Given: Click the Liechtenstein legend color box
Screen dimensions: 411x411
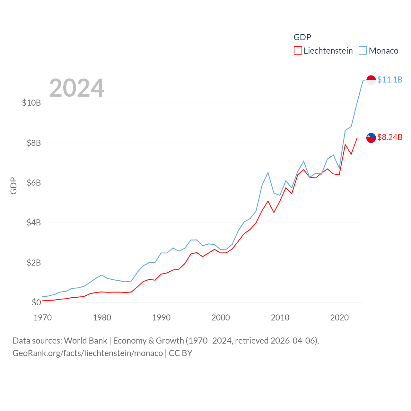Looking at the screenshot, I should [x=298, y=51].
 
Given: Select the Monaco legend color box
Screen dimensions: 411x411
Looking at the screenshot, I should [x=363, y=51].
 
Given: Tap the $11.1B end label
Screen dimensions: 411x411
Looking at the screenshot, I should [x=390, y=80].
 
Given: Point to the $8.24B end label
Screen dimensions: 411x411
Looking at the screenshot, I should [x=390, y=137].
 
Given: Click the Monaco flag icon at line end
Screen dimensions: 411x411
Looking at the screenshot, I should [x=371, y=80].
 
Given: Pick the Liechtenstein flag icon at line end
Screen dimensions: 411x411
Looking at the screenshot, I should [x=371, y=138].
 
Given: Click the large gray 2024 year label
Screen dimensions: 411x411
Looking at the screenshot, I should [x=77, y=88].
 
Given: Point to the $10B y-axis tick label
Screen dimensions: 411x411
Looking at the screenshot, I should [x=31, y=103].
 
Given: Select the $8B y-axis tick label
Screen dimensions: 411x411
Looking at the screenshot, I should [x=34, y=143].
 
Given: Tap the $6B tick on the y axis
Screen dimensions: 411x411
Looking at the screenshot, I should [x=34, y=183].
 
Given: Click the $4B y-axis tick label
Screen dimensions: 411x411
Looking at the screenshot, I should [x=34, y=223].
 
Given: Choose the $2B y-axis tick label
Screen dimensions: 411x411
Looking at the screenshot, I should [x=34, y=263].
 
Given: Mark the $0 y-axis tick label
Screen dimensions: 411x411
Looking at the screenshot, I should [x=36, y=302].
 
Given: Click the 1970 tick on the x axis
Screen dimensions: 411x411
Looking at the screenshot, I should [x=43, y=318].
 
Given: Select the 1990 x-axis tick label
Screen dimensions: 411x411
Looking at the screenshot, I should [x=161, y=318].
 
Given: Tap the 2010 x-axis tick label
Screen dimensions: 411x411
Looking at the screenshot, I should [x=280, y=318].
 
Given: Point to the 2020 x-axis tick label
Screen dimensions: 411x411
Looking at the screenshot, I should [x=339, y=318].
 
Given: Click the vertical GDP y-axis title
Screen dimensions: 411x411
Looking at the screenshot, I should [x=13, y=186].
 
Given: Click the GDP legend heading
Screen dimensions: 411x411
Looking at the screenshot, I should [x=302, y=37].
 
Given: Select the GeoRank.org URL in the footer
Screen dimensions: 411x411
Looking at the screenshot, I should [x=88, y=353].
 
